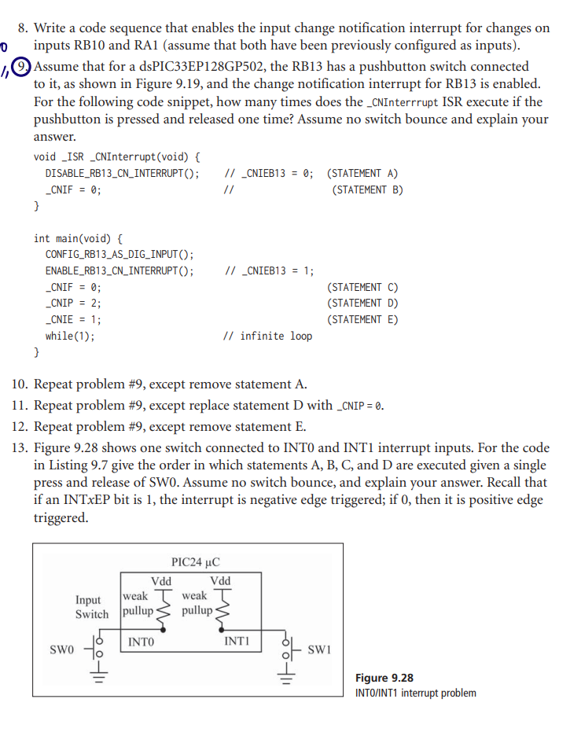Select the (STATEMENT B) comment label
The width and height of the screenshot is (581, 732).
(367, 189)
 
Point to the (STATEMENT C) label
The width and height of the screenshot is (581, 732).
(362, 287)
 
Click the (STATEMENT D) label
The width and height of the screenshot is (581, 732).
(362, 303)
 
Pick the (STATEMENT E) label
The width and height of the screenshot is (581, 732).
(362, 319)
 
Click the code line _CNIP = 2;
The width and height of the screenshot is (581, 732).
(73, 303)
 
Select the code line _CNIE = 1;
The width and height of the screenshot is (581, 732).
(73, 319)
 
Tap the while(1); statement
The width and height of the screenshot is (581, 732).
(70, 336)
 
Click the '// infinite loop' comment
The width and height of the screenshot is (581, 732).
(268, 336)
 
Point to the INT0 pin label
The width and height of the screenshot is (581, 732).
(141, 642)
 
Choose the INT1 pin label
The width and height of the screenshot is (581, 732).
(237, 642)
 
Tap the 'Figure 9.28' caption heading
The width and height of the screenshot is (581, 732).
(384, 678)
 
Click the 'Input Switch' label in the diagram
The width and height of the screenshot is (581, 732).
(92, 607)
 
